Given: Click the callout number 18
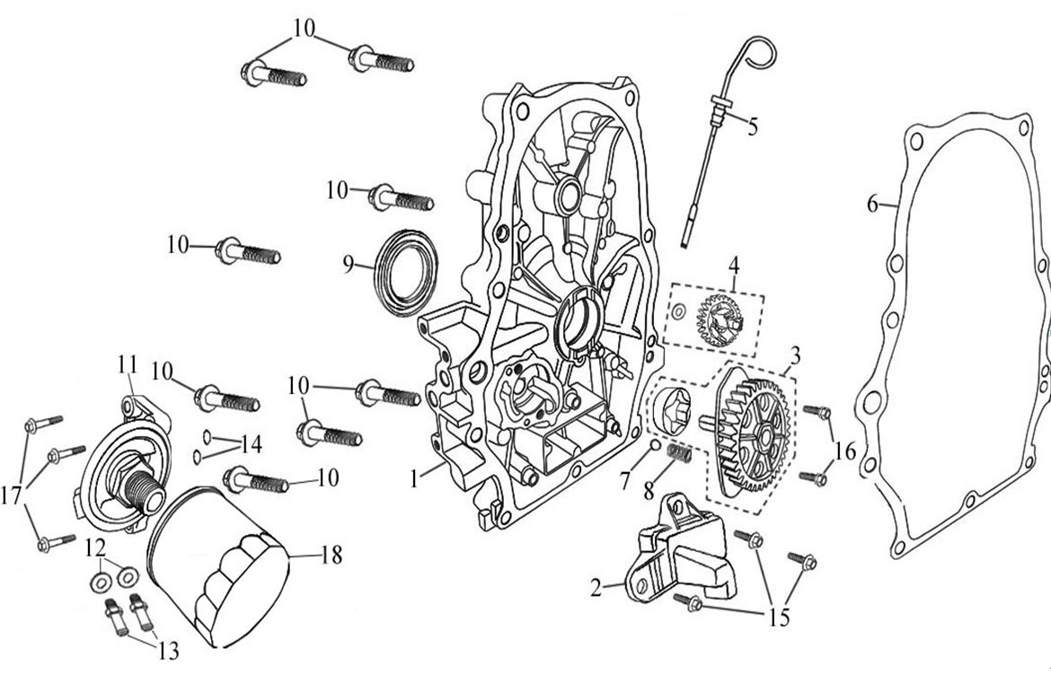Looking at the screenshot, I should click(331, 556).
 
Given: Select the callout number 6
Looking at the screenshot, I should click(872, 204).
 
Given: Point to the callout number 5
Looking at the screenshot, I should click(752, 126).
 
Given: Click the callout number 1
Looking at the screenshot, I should click(414, 480).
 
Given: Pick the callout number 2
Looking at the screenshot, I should click(596, 589).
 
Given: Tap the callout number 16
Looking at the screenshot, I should click(845, 451).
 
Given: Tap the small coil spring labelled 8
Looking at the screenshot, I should click(680, 455).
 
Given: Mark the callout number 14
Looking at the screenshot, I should click(251, 443).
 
